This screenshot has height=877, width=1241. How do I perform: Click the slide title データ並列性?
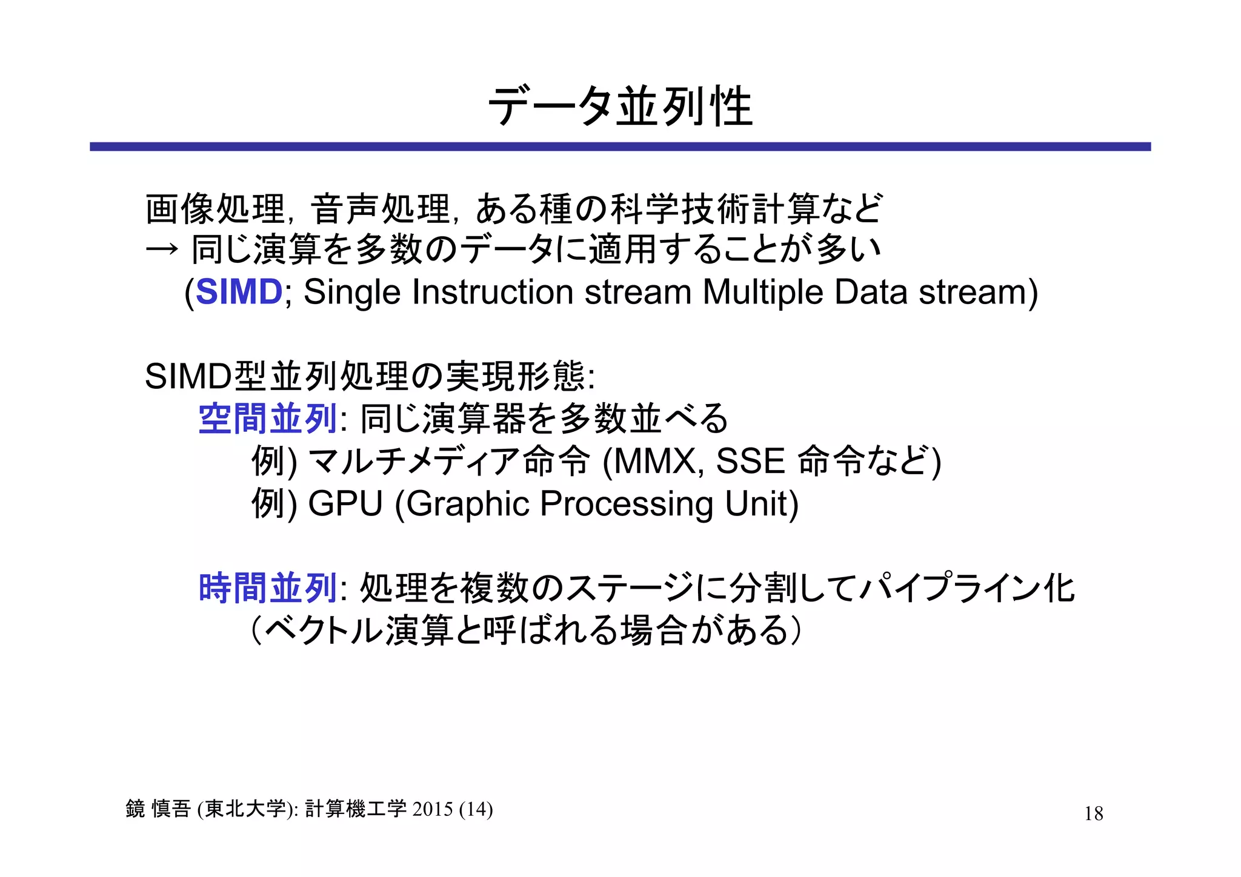coord(620,107)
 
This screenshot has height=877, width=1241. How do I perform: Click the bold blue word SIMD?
coord(239,292)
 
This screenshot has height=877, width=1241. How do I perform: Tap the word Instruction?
coord(492,292)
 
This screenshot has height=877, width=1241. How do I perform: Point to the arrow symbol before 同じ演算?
coord(162,249)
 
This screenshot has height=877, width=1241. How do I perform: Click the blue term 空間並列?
coord(267,419)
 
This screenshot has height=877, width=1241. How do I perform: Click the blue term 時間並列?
coord(267,587)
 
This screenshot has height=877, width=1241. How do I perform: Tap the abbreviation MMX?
coord(655,461)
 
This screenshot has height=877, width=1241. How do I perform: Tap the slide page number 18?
coord(1093,813)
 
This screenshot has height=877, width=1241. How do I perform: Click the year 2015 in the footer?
coord(433,809)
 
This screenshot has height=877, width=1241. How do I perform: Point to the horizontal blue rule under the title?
coord(620,147)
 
